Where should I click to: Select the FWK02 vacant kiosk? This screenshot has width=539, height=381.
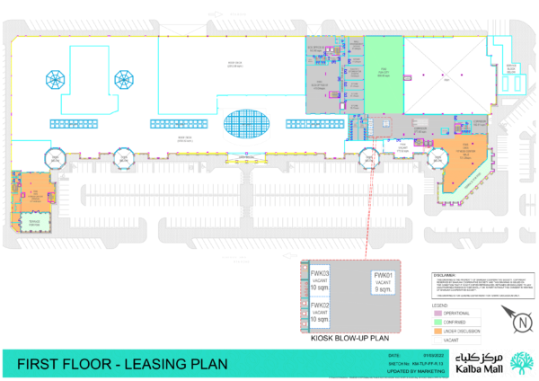320,311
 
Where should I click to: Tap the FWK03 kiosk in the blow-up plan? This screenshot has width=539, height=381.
320,279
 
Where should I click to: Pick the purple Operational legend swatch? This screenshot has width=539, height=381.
437,313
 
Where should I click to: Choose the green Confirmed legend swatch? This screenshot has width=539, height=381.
437,322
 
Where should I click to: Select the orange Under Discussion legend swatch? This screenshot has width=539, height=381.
437,331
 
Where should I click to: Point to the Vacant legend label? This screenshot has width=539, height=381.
451,340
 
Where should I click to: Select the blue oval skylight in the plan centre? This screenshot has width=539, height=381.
245,125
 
